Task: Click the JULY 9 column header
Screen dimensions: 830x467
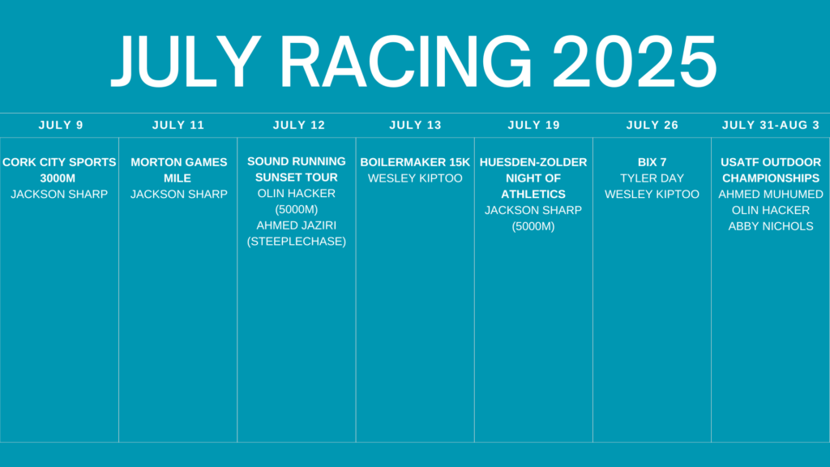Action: coord(61,125)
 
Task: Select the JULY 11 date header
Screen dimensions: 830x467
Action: coord(178,125)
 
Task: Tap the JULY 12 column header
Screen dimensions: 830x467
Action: coord(299,125)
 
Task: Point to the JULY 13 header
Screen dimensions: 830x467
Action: coord(416,125)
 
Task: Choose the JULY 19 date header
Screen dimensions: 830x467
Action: coord(533,125)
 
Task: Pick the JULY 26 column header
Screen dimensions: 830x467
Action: coord(652,125)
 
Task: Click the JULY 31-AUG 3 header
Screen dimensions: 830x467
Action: coord(771,125)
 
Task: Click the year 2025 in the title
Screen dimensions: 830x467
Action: coord(634,62)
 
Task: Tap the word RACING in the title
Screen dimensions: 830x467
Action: coord(406,62)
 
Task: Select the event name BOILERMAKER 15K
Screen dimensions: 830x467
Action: coord(415,162)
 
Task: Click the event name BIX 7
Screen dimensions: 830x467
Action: coord(652,162)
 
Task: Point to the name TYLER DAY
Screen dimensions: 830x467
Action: coord(652,178)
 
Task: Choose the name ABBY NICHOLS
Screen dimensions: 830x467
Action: coord(771,226)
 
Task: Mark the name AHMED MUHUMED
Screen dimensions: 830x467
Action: coord(771,195)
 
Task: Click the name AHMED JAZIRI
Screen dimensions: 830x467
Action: coord(297,225)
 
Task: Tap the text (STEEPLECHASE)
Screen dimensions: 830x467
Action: coord(297,242)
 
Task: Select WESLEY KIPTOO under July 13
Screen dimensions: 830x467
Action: coord(415,178)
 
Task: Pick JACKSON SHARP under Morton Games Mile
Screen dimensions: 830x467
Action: coord(179,195)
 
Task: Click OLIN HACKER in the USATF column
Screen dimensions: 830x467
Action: coord(771,210)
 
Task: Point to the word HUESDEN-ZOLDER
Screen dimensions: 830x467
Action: coord(533,162)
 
